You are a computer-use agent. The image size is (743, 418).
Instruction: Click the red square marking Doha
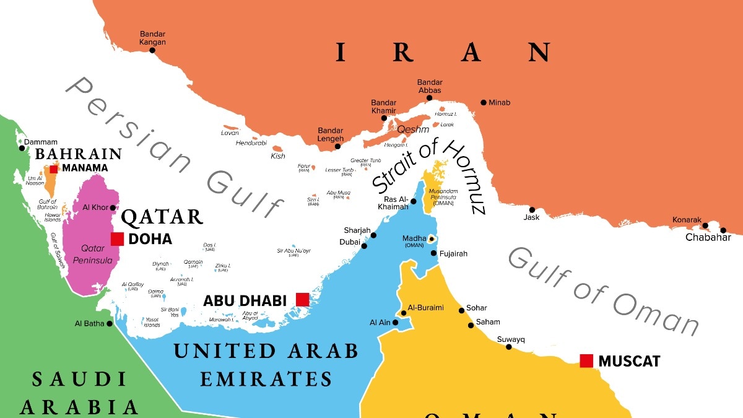(x=117, y=239)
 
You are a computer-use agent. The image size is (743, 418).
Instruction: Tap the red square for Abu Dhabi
(x=302, y=300)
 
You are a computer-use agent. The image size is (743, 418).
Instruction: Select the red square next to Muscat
(x=586, y=360)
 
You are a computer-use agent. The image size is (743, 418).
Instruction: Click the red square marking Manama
(x=54, y=168)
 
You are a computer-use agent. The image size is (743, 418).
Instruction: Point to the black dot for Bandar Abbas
(x=429, y=98)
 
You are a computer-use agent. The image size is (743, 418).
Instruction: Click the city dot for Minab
(x=484, y=102)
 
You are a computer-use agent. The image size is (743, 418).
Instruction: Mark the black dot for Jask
(x=532, y=210)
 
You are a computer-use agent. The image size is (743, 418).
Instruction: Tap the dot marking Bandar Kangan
(x=153, y=51)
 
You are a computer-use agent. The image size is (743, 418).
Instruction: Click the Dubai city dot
(x=364, y=246)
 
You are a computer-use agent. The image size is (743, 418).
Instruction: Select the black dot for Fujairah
(x=434, y=253)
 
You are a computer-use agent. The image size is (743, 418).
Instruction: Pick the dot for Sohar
(x=461, y=310)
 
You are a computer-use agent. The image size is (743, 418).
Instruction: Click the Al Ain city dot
(x=395, y=322)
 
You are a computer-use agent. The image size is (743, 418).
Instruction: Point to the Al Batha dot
(x=110, y=323)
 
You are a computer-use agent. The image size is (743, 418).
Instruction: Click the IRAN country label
(x=442, y=53)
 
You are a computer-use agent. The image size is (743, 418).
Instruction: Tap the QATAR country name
(x=162, y=217)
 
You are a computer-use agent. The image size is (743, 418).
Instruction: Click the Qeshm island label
(x=412, y=129)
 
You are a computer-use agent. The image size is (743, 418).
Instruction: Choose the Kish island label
(x=278, y=156)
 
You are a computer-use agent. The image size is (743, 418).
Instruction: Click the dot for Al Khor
(x=113, y=207)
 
